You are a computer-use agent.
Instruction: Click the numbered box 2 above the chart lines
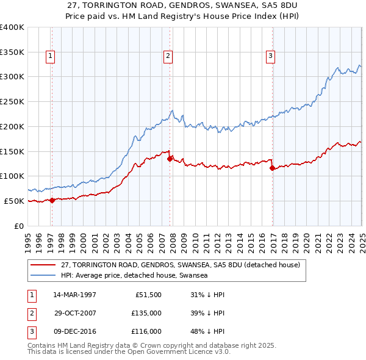167,56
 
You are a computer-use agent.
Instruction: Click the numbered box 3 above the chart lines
270,56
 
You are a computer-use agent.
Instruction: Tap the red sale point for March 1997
52,200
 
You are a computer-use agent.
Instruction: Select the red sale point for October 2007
170,158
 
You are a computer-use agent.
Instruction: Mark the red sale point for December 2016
272,168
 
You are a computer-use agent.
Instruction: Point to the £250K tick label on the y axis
12,101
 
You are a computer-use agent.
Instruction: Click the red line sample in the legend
43,265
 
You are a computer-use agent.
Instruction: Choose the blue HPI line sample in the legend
43,276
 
